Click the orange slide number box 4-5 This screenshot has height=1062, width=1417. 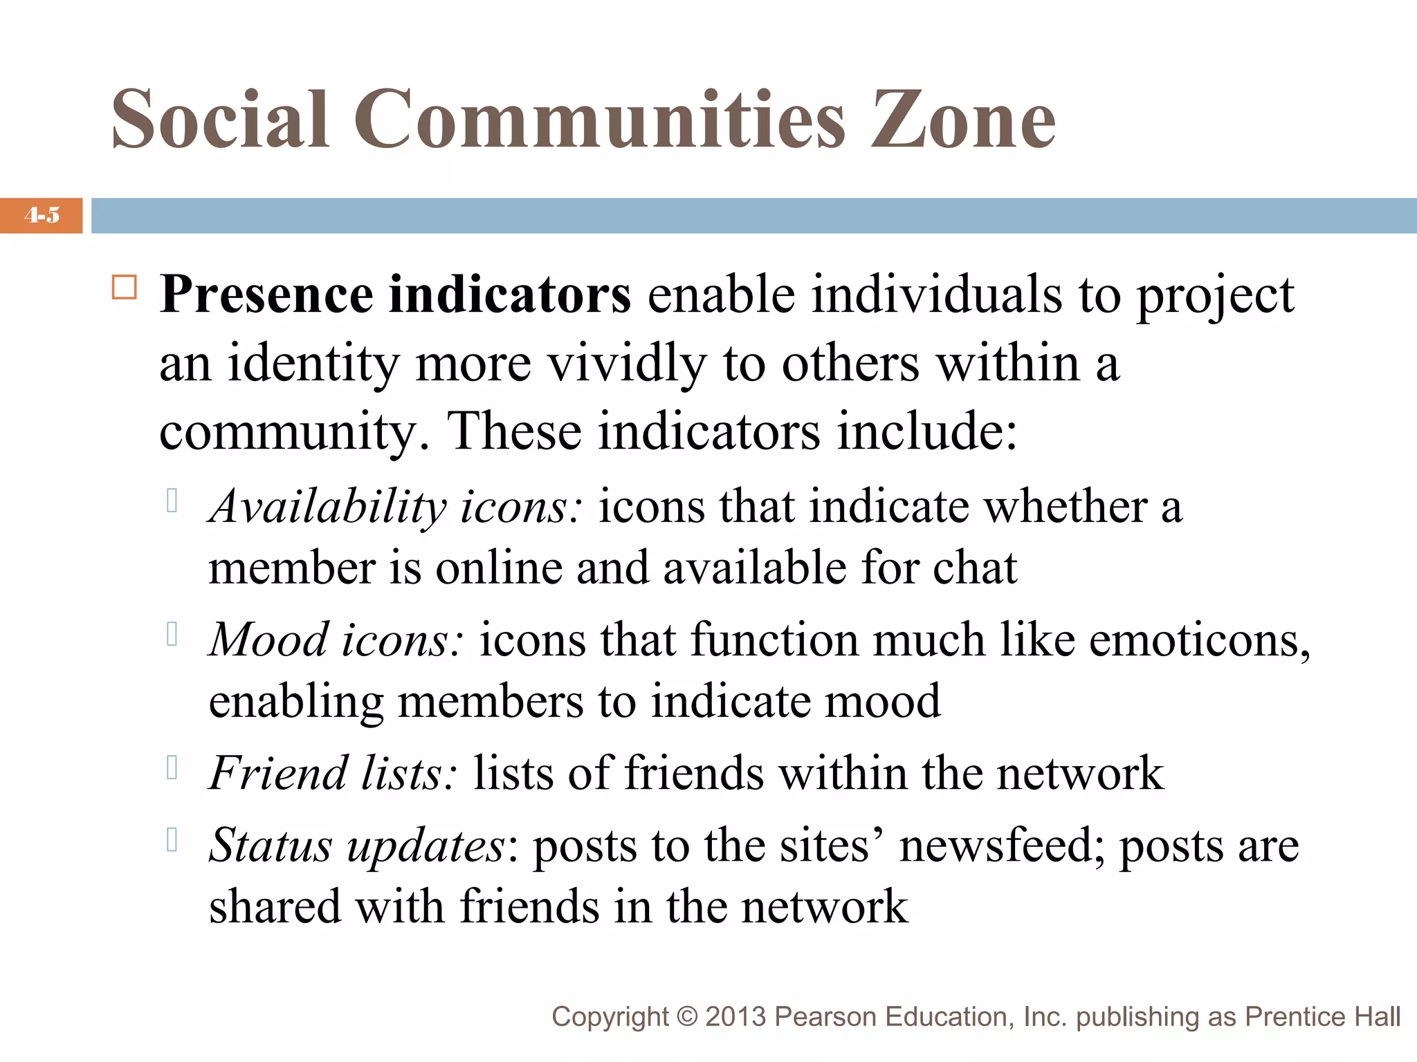(42, 215)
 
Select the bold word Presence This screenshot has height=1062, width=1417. (266, 295)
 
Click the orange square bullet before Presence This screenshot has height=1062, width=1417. (125, 287)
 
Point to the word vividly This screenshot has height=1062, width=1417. (627, 364)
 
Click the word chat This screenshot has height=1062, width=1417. (974, 568)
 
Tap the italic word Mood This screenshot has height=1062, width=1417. (268, 640)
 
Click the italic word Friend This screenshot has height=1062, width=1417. (277, 773)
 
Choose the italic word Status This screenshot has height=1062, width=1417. (270, 845)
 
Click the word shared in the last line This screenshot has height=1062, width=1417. (275, 906)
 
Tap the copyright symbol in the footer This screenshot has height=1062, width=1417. (687, 1017)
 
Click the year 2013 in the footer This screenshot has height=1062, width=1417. (735, 1017)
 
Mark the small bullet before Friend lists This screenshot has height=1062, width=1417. (173, 767)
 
